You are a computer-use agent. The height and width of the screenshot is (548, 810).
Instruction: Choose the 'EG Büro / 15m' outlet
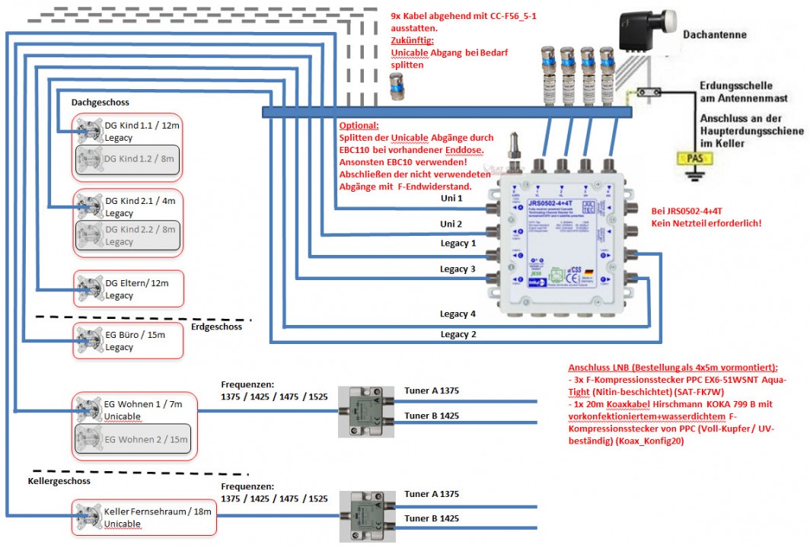tap(128, 340)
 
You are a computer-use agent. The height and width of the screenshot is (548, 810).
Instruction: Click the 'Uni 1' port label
tap(451, 198)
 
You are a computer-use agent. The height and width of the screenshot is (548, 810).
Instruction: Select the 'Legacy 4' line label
tap(458, 314)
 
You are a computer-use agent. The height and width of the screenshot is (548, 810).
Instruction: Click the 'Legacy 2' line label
tap(458, 334)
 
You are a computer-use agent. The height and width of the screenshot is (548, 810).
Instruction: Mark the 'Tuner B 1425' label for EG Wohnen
tap(432, 416)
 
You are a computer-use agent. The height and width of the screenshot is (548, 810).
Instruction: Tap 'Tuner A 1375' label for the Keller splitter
tap(432, 494)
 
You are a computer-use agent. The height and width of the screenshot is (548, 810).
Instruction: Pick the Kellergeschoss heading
tap(59, 481)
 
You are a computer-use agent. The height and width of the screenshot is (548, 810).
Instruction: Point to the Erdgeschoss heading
tap(217, 327)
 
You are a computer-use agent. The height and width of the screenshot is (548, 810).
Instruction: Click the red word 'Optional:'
tap(359, 125)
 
